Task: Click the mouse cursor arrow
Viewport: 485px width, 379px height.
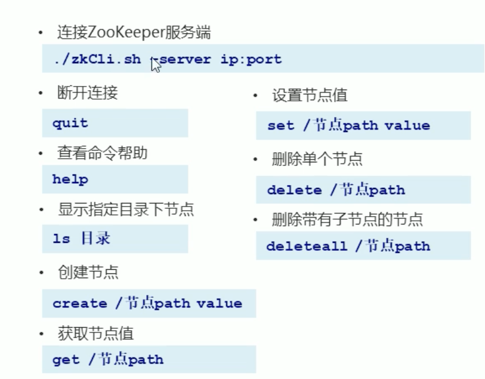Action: (x=156, y=64)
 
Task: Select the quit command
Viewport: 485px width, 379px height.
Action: (x=70, y=123)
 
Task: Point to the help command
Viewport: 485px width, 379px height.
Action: (x=70, y=179)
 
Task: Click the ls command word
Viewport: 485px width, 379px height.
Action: (x=61, y=239)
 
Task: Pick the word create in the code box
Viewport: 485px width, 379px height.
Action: (x=79, y=303)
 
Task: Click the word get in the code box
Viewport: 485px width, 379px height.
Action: (x=66, y=359)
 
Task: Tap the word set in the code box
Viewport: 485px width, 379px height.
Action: (x=280, y=125)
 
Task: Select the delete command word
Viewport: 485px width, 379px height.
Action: (x=294, y=190)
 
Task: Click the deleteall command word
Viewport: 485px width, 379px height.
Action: (x=307, y=246)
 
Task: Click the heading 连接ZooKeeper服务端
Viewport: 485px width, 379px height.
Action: (x=134, y=33)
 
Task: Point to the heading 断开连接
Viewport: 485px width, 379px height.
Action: (x=87, y=93)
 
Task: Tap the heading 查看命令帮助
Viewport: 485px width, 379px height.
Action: (x=102, y=153)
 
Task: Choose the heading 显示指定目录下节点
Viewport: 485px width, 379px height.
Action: (x=125, y=209)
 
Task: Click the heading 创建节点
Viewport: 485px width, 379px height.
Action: (x=87, y=273)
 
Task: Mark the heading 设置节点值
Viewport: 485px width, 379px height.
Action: (x=310, y=95)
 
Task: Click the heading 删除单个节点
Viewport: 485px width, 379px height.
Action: (x=317, y=159)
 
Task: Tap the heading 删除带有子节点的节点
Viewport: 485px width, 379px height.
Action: (x=347, y=219)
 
